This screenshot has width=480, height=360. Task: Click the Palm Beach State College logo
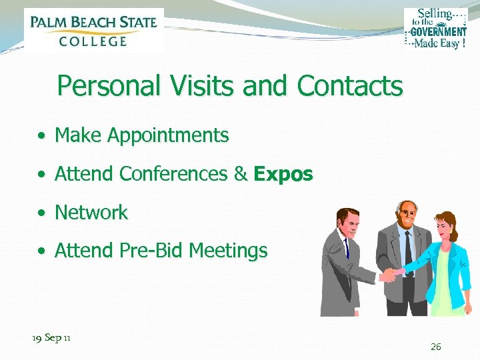tap(93, 30)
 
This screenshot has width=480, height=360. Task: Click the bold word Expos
tap(283, 174)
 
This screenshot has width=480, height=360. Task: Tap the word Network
tap(91, 213)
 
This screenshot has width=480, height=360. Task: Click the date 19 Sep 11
tap(52, 338)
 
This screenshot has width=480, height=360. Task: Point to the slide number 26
tap(436, 347)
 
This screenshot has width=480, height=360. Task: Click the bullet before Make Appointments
tap(41, 137)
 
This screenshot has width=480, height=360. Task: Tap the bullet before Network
tap(41, 214)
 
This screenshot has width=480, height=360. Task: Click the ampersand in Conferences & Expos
tap(241, 174)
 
